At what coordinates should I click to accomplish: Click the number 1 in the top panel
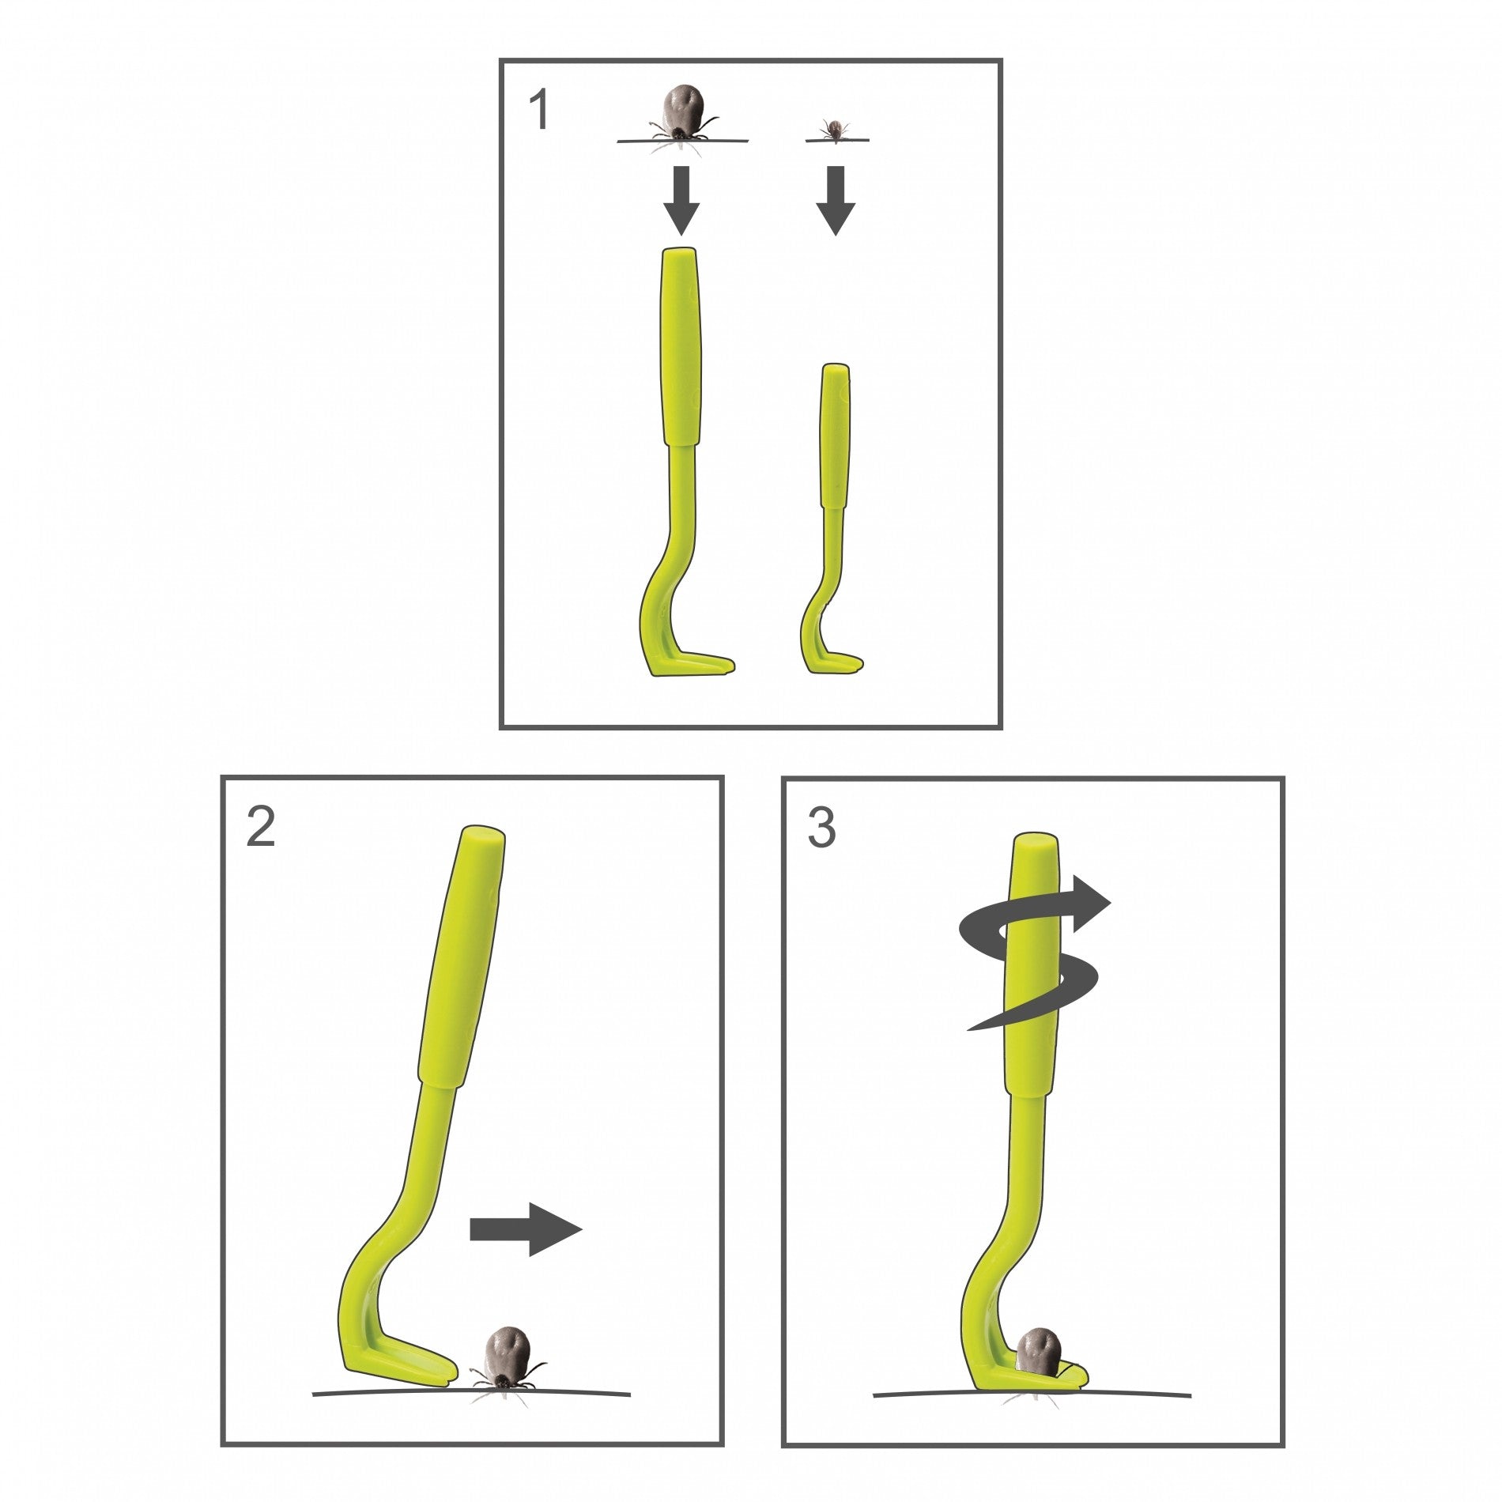[x=539, y=110]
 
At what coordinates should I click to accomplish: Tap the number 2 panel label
[x=261, y=828]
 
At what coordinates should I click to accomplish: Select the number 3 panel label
[x=822, y=828]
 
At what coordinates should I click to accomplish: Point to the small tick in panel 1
[x=835, y=130]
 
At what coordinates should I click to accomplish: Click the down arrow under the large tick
[x=681, y=200]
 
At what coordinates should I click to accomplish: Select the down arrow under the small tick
[x=836, y=200]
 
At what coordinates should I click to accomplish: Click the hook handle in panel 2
[x=462, y=957]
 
